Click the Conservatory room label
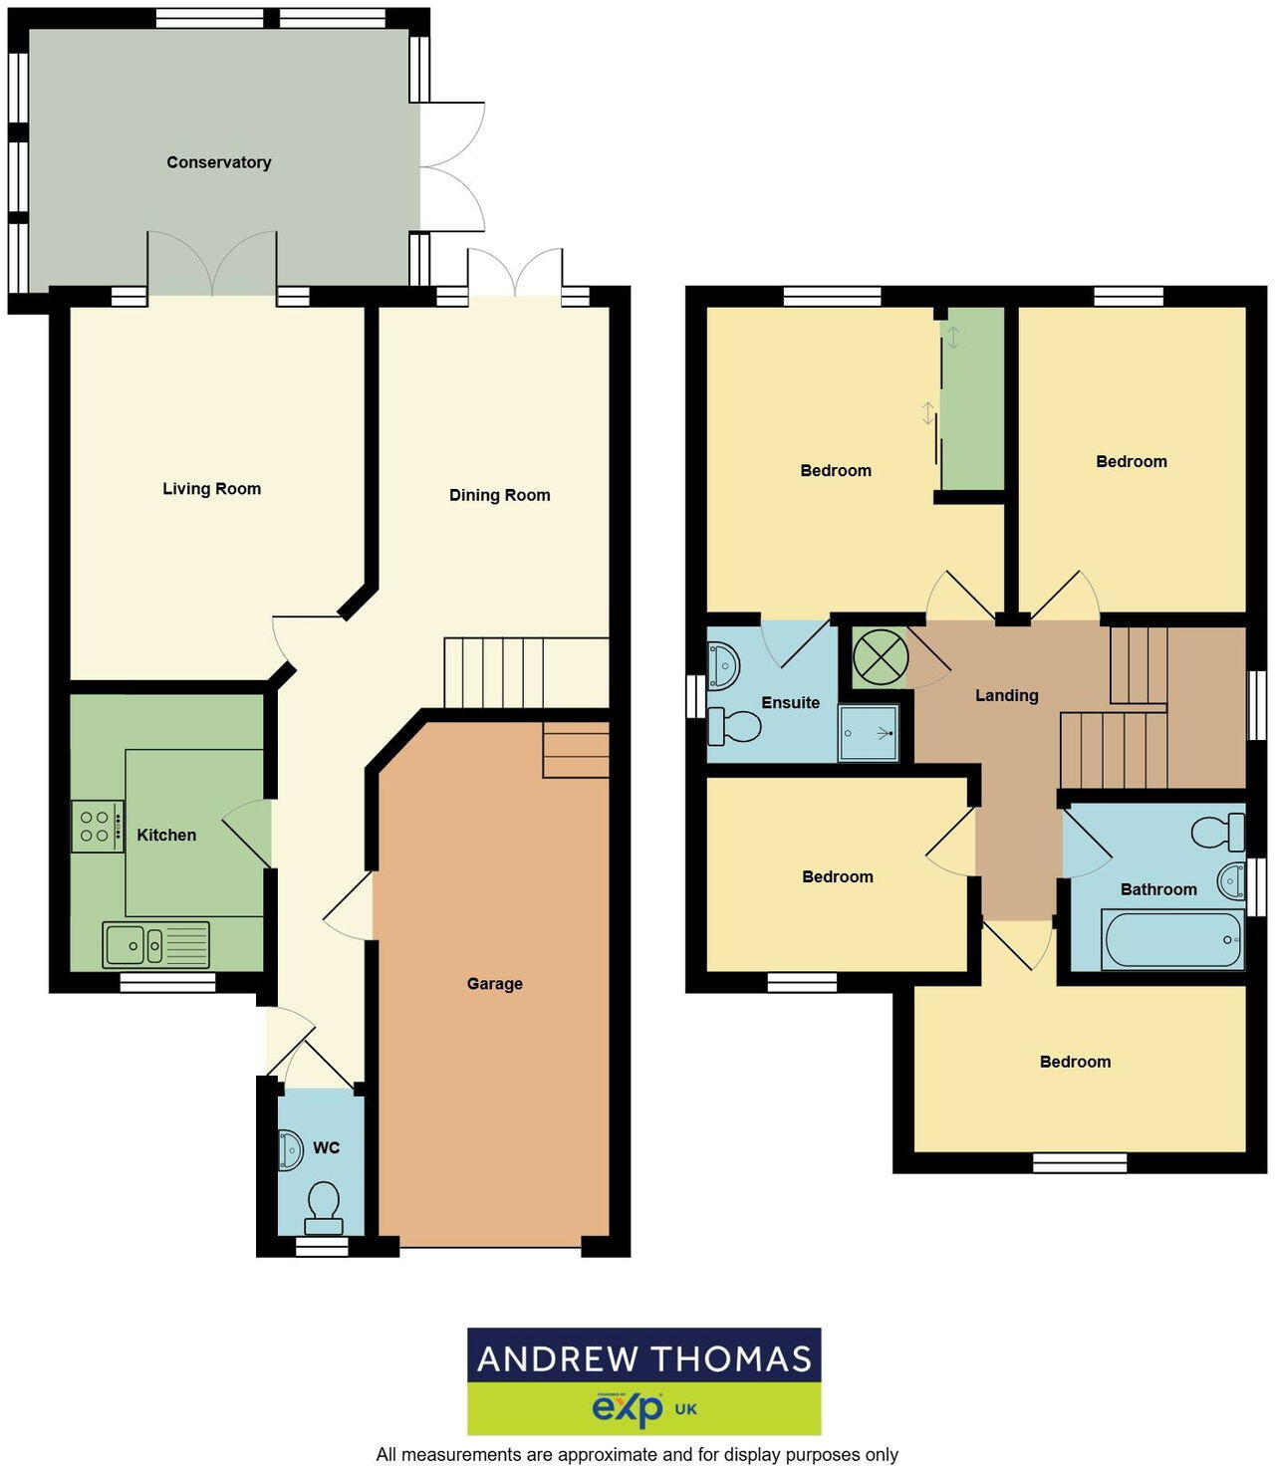(218, 162)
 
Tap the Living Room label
(211, 489)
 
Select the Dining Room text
(499, 495)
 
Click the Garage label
(494, 984)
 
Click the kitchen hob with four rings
(97, 827)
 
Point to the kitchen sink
(155, 944)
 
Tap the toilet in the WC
(324, 1206)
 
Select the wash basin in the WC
(290, 1150)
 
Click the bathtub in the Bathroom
(1171, 939)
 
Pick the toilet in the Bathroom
(1218, 832)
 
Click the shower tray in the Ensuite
(869, 734)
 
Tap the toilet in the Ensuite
(733, 726)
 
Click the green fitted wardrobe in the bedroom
(972, 399)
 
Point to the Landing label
(1006, 695)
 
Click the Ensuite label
(790, 702)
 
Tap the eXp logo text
(628, 1408)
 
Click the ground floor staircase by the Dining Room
(525, 672)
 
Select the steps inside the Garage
(576, 750)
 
